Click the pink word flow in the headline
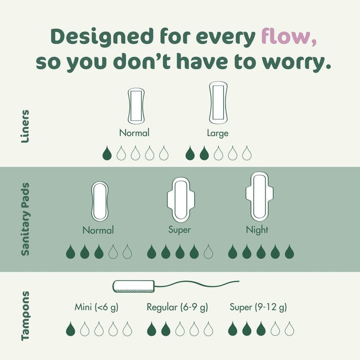[x=289, y=36]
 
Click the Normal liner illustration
[x=136, y=106]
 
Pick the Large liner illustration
[x=218, y=102]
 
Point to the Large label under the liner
[x=218, y=133]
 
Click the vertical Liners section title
[x=25, y=127]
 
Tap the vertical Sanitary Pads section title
[x=25, y=219]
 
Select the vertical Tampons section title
[x=25, y=316]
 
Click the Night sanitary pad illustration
[x=259, y=197]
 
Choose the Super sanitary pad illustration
[x=181, y=200]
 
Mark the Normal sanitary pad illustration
[x=100, y=201]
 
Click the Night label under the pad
[x=257, y=230]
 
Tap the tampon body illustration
[x=134, y=286]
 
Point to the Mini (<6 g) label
[x=96, y=307]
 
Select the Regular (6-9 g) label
[x=177, y=307]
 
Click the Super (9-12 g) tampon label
[x=258, y=307]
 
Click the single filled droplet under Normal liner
[x=107, y=153]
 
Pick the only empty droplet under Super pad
[x=208, y=251]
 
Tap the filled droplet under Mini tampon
[x=70, y=328]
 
